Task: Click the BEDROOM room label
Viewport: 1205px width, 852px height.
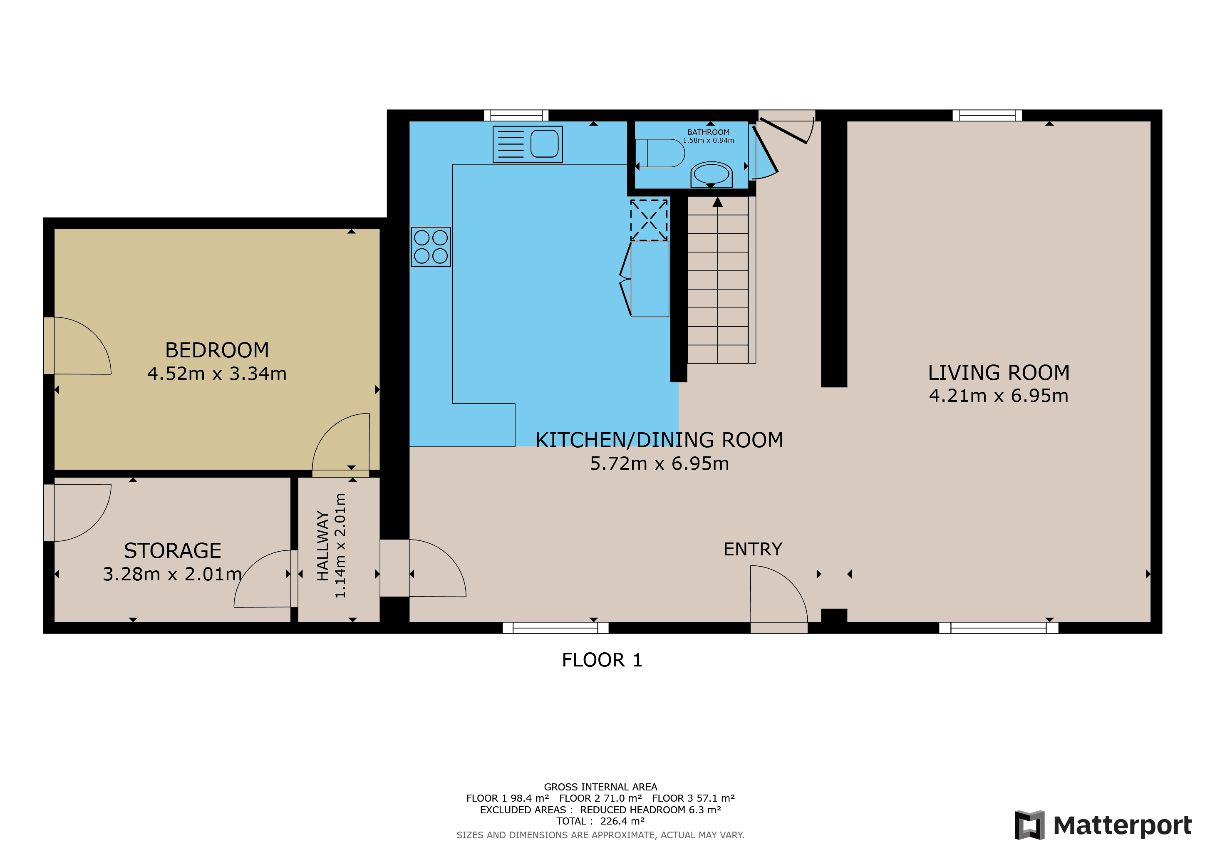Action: pos(217,350)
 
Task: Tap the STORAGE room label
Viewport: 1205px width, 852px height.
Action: pos(172,550)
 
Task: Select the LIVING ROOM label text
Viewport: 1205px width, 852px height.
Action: pos(998,372)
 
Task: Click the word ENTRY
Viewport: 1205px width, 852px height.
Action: pos(753,549)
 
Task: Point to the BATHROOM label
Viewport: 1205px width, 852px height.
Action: pos(708,132)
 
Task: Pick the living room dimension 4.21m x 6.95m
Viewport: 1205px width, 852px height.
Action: pos(998,396)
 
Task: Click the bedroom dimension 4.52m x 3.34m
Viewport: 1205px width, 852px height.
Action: pos(217,374)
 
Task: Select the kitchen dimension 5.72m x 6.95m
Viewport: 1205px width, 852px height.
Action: pos(659,464)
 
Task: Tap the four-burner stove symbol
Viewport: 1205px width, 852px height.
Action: pos(431,247)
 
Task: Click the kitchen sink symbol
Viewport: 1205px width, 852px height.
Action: pos(528,144)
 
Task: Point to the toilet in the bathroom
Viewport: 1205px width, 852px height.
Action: pos(660,153)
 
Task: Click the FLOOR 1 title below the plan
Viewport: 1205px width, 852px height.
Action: pos(602,660)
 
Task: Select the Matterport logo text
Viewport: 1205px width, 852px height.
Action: pos(1122,825)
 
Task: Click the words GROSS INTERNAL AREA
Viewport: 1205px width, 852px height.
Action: pos(600,787)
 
